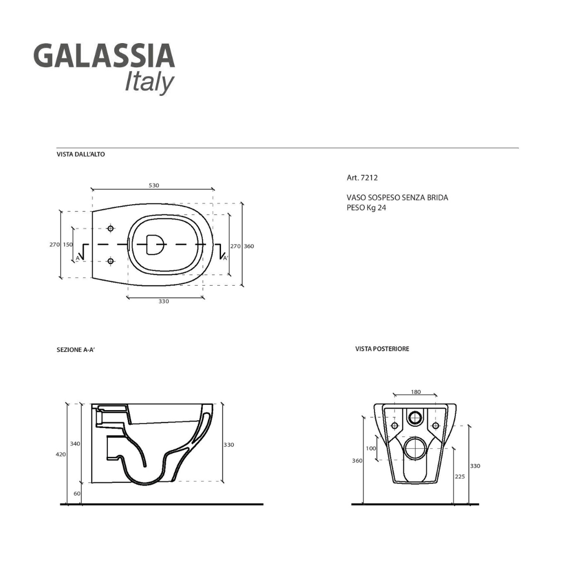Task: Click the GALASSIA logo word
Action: (x=104, y=56)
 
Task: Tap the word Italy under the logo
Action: (x=149, y=82)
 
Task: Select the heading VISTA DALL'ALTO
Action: (x=81, y=154)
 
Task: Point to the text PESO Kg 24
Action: (x=366, y=207)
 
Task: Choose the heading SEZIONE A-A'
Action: (x=75, y=350)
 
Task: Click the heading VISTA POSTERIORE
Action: (x=382, y=349)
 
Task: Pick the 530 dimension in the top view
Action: (x=154, y=185)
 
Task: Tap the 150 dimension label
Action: (x=67, y=245)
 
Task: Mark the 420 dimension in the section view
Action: (x=60, y=454)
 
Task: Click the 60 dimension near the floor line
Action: (x=77, y=494)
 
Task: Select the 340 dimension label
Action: (x=75, y=444)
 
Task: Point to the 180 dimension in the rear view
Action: (x=415, y=392)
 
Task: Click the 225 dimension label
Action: (x=459, y=476)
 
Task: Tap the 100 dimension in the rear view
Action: (x=371, y=448)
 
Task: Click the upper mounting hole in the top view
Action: (x=110, y=228)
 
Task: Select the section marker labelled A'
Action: (x=226, y=258)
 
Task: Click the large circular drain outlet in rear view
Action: (x=415, y=448)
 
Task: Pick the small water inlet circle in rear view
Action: (x=415, y=417)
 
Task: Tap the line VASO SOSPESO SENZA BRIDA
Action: (x=397, y=198)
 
